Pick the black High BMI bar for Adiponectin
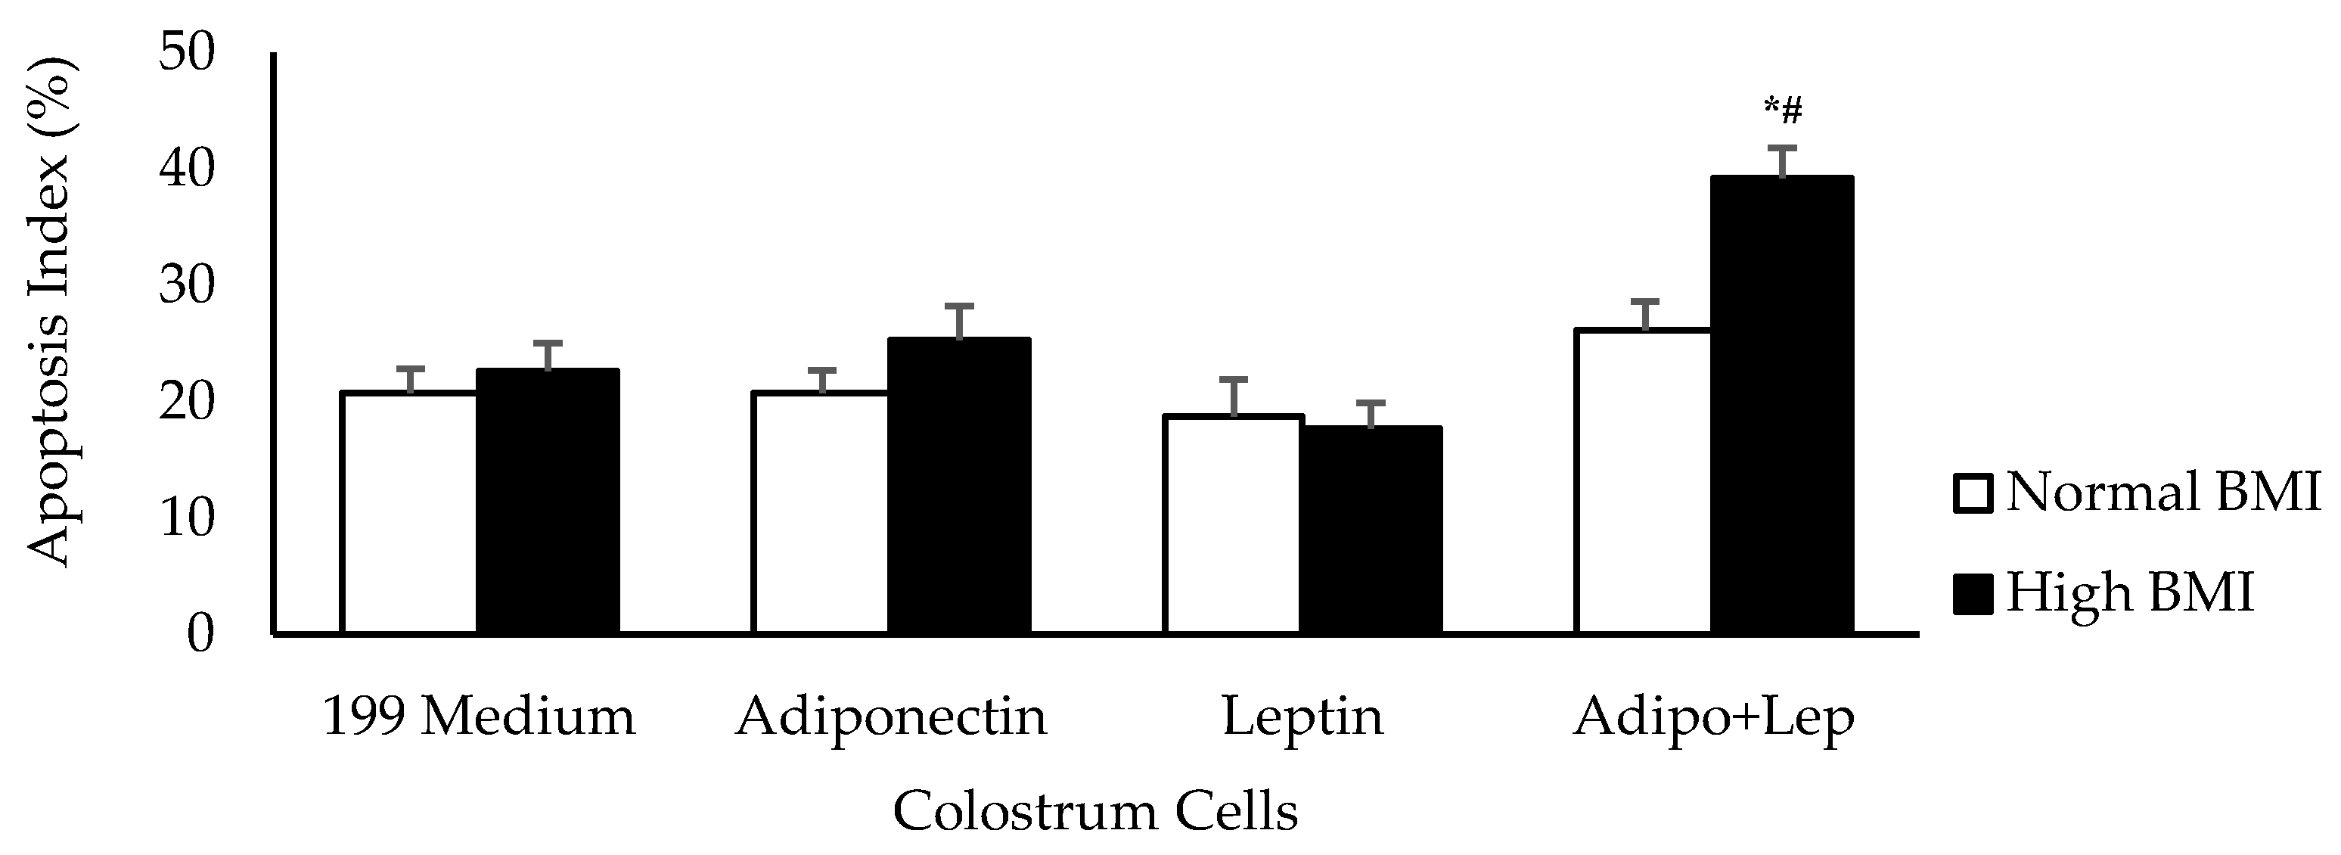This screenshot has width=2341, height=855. (x=959, y=485)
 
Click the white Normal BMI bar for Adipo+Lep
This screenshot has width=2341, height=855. (x=1643, y=480)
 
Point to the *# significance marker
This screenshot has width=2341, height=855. (x=1783, y=111)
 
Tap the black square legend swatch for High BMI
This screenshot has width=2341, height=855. (x=1972, y=594)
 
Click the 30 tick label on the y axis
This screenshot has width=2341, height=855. (x=186, y=285)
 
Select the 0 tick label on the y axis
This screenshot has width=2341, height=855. (x=200, y=633)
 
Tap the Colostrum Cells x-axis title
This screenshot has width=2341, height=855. (x=1095, y=810)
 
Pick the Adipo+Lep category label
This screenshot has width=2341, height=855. (x=1713, y=719)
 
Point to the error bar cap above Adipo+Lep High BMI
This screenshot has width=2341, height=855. (x=1782, y=148)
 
